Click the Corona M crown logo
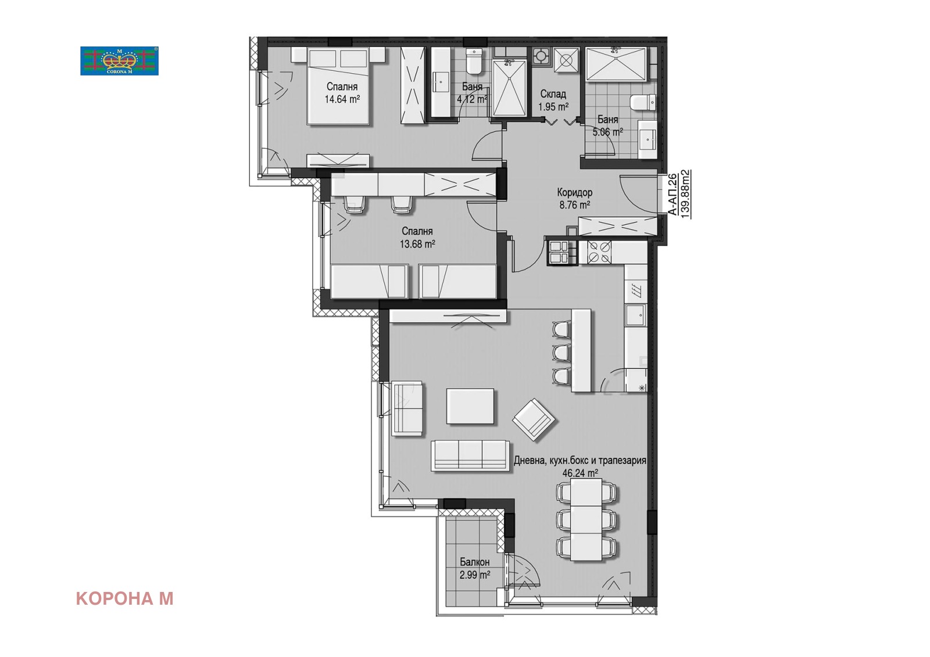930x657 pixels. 119,60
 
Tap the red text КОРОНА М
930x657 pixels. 124,598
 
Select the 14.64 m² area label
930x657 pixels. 342,99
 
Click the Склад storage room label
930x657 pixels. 553,94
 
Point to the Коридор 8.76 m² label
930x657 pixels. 575,199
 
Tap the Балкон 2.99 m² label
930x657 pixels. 474,568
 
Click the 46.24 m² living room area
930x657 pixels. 580,472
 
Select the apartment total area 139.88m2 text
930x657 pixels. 685,194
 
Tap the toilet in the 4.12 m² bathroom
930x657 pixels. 474,61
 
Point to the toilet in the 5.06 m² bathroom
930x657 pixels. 643,102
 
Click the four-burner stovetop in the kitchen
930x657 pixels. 599,252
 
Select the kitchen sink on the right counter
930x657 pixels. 636,315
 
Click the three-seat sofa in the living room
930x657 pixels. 470,455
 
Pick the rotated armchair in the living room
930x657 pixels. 534,419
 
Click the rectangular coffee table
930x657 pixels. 470,406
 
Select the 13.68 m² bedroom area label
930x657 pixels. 417,244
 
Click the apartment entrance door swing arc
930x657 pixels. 631,200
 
